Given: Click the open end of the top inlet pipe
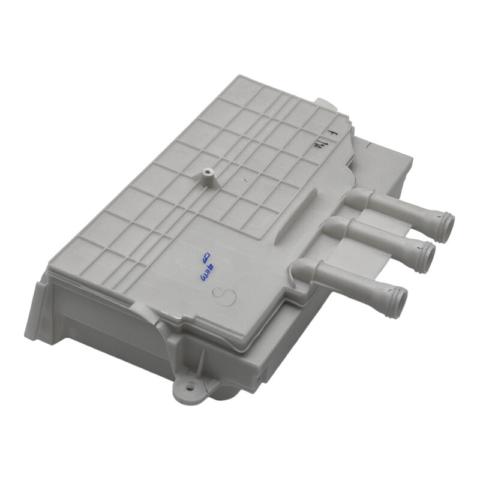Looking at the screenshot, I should click(x=446, y=227).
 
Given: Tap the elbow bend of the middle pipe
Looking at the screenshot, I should click(x=334, y=227).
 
